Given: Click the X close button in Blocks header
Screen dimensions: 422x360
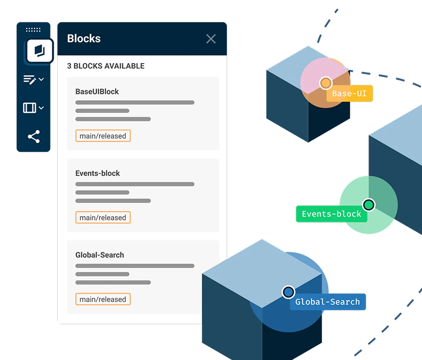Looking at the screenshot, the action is tap(211, 39).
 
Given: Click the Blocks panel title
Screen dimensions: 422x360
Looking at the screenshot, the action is tap(84, 38).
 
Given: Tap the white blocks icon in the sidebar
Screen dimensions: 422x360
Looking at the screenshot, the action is tap(39, 51).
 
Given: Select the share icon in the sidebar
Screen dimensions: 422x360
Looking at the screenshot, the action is tap(34, 136).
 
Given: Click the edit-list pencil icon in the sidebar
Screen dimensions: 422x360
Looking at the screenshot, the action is tap(30, 80).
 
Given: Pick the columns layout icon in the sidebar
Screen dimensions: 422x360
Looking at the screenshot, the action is tap(30, 108).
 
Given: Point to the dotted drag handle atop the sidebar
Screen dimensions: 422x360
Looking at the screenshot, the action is tap(33, 30).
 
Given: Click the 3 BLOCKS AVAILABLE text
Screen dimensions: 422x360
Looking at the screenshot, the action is tap(106, 66).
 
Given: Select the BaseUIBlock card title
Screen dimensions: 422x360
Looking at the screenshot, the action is tap(97, 91).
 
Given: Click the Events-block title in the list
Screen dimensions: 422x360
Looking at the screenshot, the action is tap(98, 173).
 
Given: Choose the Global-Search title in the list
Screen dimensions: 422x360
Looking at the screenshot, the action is tap(100, 255).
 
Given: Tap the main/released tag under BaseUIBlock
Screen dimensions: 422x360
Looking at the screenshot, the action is tap(103, 136).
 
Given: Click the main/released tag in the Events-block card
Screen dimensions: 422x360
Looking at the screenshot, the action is tap(103, 218).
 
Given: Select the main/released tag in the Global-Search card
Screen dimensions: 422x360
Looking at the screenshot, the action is tap(103, 299).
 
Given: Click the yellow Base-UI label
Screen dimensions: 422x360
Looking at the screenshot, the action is tap(349, 93).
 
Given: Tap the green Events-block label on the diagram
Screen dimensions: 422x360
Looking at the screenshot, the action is tap(332, 214).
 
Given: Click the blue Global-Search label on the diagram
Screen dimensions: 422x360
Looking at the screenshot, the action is tap(328, 302).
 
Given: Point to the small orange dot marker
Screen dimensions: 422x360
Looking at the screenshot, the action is tap(325, 83).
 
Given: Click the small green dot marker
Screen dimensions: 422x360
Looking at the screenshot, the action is tap(369, 205).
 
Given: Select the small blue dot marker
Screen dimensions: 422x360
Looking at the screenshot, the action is tap(288, 292).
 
